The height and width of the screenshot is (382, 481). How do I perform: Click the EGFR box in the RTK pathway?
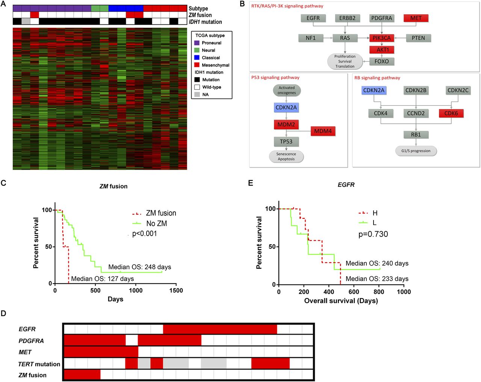[x=313, y=18]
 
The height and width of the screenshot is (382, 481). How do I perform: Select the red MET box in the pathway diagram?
[x=416, y=18]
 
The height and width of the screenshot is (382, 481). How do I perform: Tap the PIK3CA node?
[x=381, y=38]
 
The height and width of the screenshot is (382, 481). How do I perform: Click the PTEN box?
[x=418, y=38]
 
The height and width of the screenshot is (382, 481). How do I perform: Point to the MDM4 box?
[x=323, y=131]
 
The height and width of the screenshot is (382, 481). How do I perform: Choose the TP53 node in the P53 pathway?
[x=286, y=142]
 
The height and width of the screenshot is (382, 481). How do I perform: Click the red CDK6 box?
[x=451, y=113]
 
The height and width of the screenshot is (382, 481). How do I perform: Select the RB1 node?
[x=416, y=135]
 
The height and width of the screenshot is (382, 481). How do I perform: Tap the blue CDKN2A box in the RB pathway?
[x=374, y=90]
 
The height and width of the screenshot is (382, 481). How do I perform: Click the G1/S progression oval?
[x=416, y=151]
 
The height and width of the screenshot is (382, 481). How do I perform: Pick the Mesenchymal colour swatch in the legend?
[x=197, y=65]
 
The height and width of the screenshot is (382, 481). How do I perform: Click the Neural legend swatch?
[x=197, y=50]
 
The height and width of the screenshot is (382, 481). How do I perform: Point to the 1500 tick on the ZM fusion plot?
[x=176, y=291]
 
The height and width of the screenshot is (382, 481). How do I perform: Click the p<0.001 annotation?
[x=145, y=233]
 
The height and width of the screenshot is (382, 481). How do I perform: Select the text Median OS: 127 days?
[x=103, y=279]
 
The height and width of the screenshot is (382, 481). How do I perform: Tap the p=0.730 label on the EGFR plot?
[x=373, y=234]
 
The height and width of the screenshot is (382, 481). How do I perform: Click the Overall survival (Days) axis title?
[x=341, y=301]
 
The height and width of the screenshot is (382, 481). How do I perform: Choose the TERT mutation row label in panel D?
[x=39, y=364]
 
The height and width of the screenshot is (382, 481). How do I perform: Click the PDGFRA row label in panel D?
[x=31, y=341]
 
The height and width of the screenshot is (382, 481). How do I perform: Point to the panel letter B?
[x=242, y=4]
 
